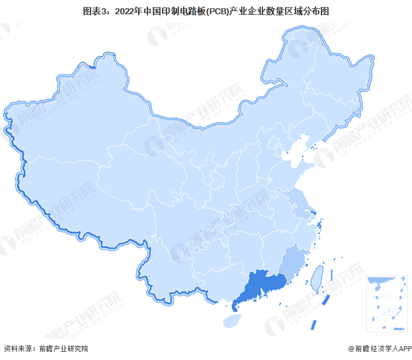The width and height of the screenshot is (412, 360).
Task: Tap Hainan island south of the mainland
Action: coord(231,321)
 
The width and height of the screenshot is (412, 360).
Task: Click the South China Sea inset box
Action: coord(385,302)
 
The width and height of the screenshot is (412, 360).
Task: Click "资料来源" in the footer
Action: coord(18,348)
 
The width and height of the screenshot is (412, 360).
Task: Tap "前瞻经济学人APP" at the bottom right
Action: coord(381,348)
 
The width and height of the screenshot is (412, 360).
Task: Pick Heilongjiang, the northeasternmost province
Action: coord(330,77)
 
